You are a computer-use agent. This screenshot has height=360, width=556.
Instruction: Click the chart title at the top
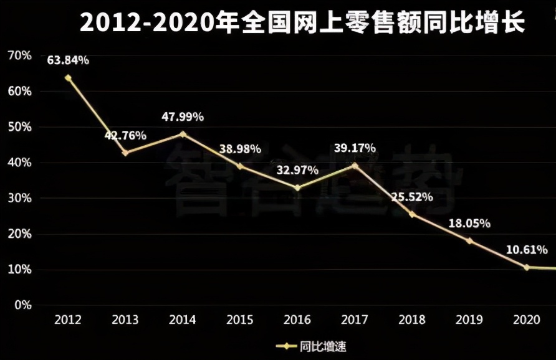point(302,23)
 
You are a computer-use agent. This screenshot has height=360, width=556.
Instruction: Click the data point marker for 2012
point(68,78)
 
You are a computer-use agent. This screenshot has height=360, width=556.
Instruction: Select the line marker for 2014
point(183,134)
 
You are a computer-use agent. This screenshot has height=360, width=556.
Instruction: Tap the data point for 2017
point(355,165)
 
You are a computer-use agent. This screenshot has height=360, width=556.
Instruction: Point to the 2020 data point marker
point(527,267)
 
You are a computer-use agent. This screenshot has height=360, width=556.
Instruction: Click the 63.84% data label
point(68,60)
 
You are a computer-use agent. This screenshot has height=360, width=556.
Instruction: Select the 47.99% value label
point(183,116)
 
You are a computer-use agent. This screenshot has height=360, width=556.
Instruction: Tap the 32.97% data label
point(297,169)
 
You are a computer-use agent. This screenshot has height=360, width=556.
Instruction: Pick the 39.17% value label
point(355,148)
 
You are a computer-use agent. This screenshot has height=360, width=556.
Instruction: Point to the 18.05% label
point(469,223)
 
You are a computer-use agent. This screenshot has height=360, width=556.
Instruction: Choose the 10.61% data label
point(527,250)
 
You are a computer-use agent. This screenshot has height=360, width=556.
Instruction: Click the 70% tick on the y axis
point(19,55)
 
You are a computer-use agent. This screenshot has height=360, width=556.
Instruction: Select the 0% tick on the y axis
point(22,305)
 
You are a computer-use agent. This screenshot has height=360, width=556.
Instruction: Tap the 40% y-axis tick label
point(19,163)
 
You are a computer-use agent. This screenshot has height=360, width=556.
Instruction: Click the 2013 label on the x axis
point(125,320)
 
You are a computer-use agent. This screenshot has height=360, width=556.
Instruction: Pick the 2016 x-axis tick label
point(297,320)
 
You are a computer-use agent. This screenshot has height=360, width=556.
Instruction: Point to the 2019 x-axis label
point(469,320)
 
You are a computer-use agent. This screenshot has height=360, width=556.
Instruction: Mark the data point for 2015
point(240,166)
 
